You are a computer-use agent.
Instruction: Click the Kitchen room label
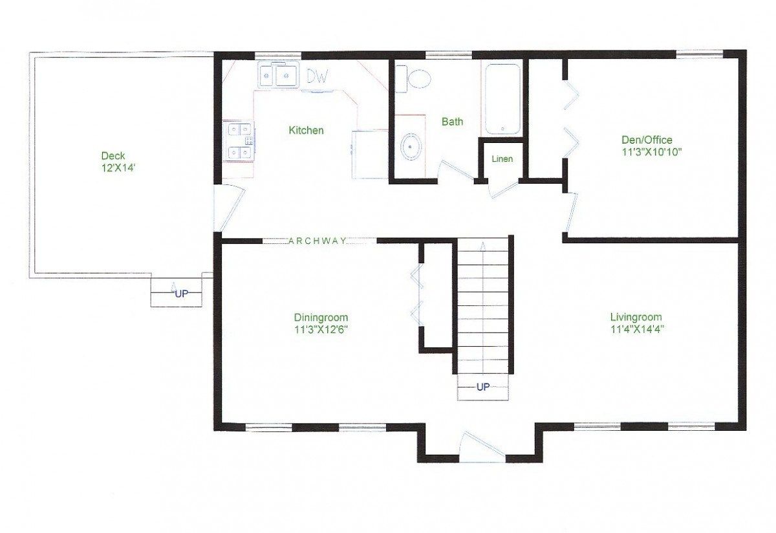pyautogui.click(x=306, y=131)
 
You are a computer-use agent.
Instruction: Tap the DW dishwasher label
pyautogui.click(x=318, y=77)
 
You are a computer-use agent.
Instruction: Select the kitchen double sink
pyautogui.click(x=278, y=76)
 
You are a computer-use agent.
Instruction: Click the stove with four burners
pyautogui.click(x=239, y=140)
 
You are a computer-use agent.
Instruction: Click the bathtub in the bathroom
pyautogui.click(x=502, y=99)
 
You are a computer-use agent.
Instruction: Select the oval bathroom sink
pyautogui.click(x=410, y=147)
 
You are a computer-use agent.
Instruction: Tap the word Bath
pyautogui.click(x=452, y=122)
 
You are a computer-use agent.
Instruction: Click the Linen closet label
pyautogui.click(x=502, y=159)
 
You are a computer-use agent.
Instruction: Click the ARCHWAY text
pyautogui.click(x=318, y=241)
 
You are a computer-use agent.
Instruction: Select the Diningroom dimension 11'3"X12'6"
pyautogui.click(x=321, y=329)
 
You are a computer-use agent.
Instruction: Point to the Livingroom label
pyautogui.click(x=636, y=317)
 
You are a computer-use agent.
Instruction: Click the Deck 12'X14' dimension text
pyautogui.click(x=113, y=167)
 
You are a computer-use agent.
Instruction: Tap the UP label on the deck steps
pyautogui.click(x=182, y=294)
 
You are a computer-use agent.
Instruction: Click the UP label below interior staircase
pyautogui.click(x=482, y=387)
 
